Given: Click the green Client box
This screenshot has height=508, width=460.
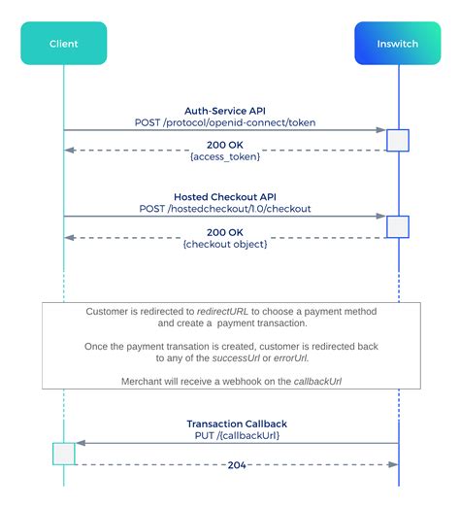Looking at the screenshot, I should click(x=63, y=44).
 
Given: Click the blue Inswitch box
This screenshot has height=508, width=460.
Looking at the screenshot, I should click(x=398, y=44).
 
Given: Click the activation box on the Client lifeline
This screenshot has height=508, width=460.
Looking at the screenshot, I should click(x=63, y=454).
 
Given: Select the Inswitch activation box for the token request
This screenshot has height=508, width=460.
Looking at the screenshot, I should click(x=398, y=140).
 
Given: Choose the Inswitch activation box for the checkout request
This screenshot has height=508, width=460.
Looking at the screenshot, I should click(x=398, y=226).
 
